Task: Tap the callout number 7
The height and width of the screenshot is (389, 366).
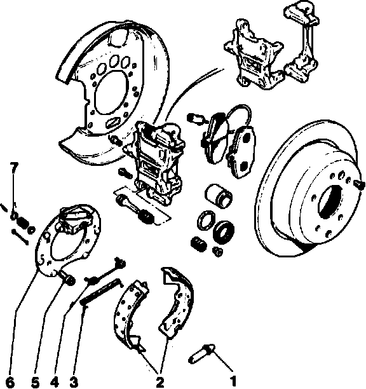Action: (13, 168)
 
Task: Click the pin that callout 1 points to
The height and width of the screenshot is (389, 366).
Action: (201, 353)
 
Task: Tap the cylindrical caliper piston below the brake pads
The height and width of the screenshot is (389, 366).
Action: (219, 195)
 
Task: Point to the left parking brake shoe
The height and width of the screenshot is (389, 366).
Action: (129, 315)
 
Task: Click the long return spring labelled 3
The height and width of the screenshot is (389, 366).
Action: (101, 292)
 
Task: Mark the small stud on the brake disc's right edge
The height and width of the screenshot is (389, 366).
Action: (359, 185)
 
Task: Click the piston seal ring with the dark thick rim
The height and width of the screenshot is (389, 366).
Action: (224, 231)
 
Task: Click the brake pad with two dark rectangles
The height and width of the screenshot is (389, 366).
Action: (241, 152)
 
